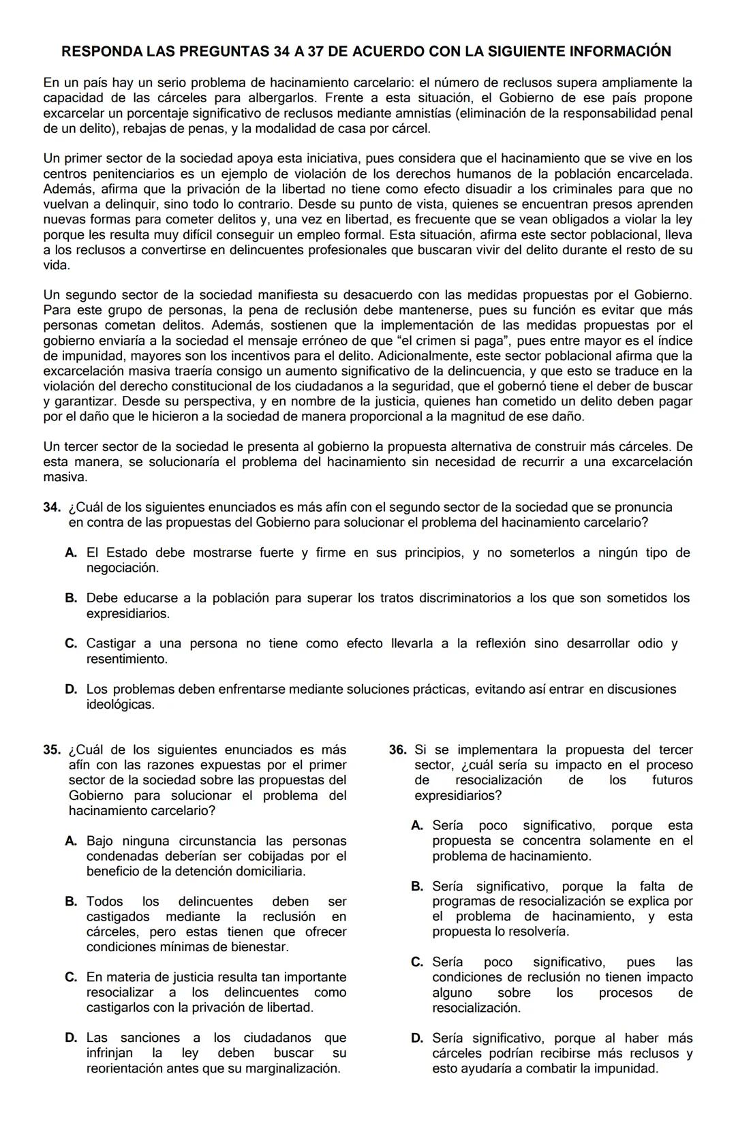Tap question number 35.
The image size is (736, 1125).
tap(52, 750)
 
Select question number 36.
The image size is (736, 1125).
tap(398, 750)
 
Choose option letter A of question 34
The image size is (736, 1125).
tap(71, 553)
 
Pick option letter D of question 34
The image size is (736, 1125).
tap(71, 690)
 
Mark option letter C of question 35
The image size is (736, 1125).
tap(71, 978)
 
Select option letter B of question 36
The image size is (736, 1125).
tap(417, 887)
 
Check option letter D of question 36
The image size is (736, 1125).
tap(417, 1038)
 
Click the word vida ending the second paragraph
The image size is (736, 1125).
tap(56, 265)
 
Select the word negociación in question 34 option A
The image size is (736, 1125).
tap(122, 568)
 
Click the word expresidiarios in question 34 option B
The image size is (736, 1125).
tap(127, 614)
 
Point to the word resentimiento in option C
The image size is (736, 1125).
tap(126, 660)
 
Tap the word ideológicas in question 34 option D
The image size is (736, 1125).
tap(119, 705)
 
